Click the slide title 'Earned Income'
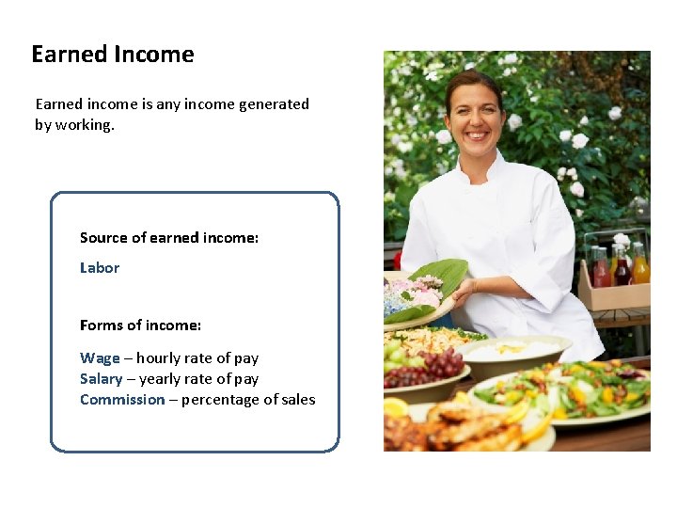point(113,55)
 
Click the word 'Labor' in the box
point(100,268)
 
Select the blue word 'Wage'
point(100,358)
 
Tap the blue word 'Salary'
point(102,379)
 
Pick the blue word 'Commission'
point(122,400)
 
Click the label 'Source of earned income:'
point(169,238)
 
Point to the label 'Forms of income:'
point(140,325)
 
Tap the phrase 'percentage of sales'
point(248,400)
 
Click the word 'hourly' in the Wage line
point(162,358)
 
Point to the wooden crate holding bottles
point(613,294)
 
